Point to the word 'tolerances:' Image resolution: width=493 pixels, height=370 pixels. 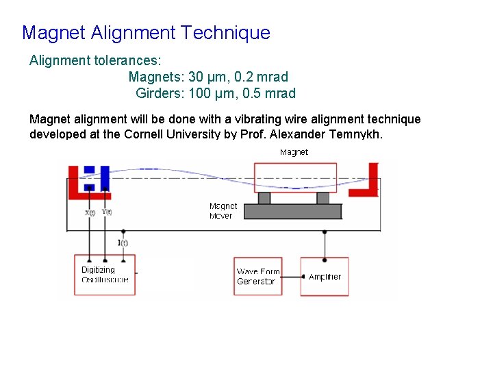[127, 60]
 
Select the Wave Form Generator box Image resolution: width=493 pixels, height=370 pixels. [257, 276]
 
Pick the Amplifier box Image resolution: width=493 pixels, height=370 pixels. [325, 277]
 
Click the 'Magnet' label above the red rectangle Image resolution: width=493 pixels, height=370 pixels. [294, 152]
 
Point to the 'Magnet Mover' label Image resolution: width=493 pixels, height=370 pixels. [223, 210]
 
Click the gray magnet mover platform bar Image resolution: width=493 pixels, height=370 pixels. [292, 212]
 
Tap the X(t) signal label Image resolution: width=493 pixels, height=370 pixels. [90, 213]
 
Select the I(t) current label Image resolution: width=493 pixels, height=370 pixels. [123, 243]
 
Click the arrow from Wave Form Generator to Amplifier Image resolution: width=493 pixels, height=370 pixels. [291, 277]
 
